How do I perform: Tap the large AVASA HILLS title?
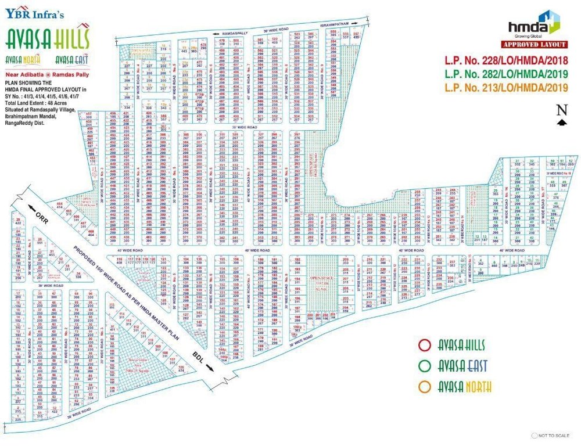[47, 39]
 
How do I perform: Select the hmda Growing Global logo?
[533, 28]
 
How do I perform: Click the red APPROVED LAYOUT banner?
[534, 45]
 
